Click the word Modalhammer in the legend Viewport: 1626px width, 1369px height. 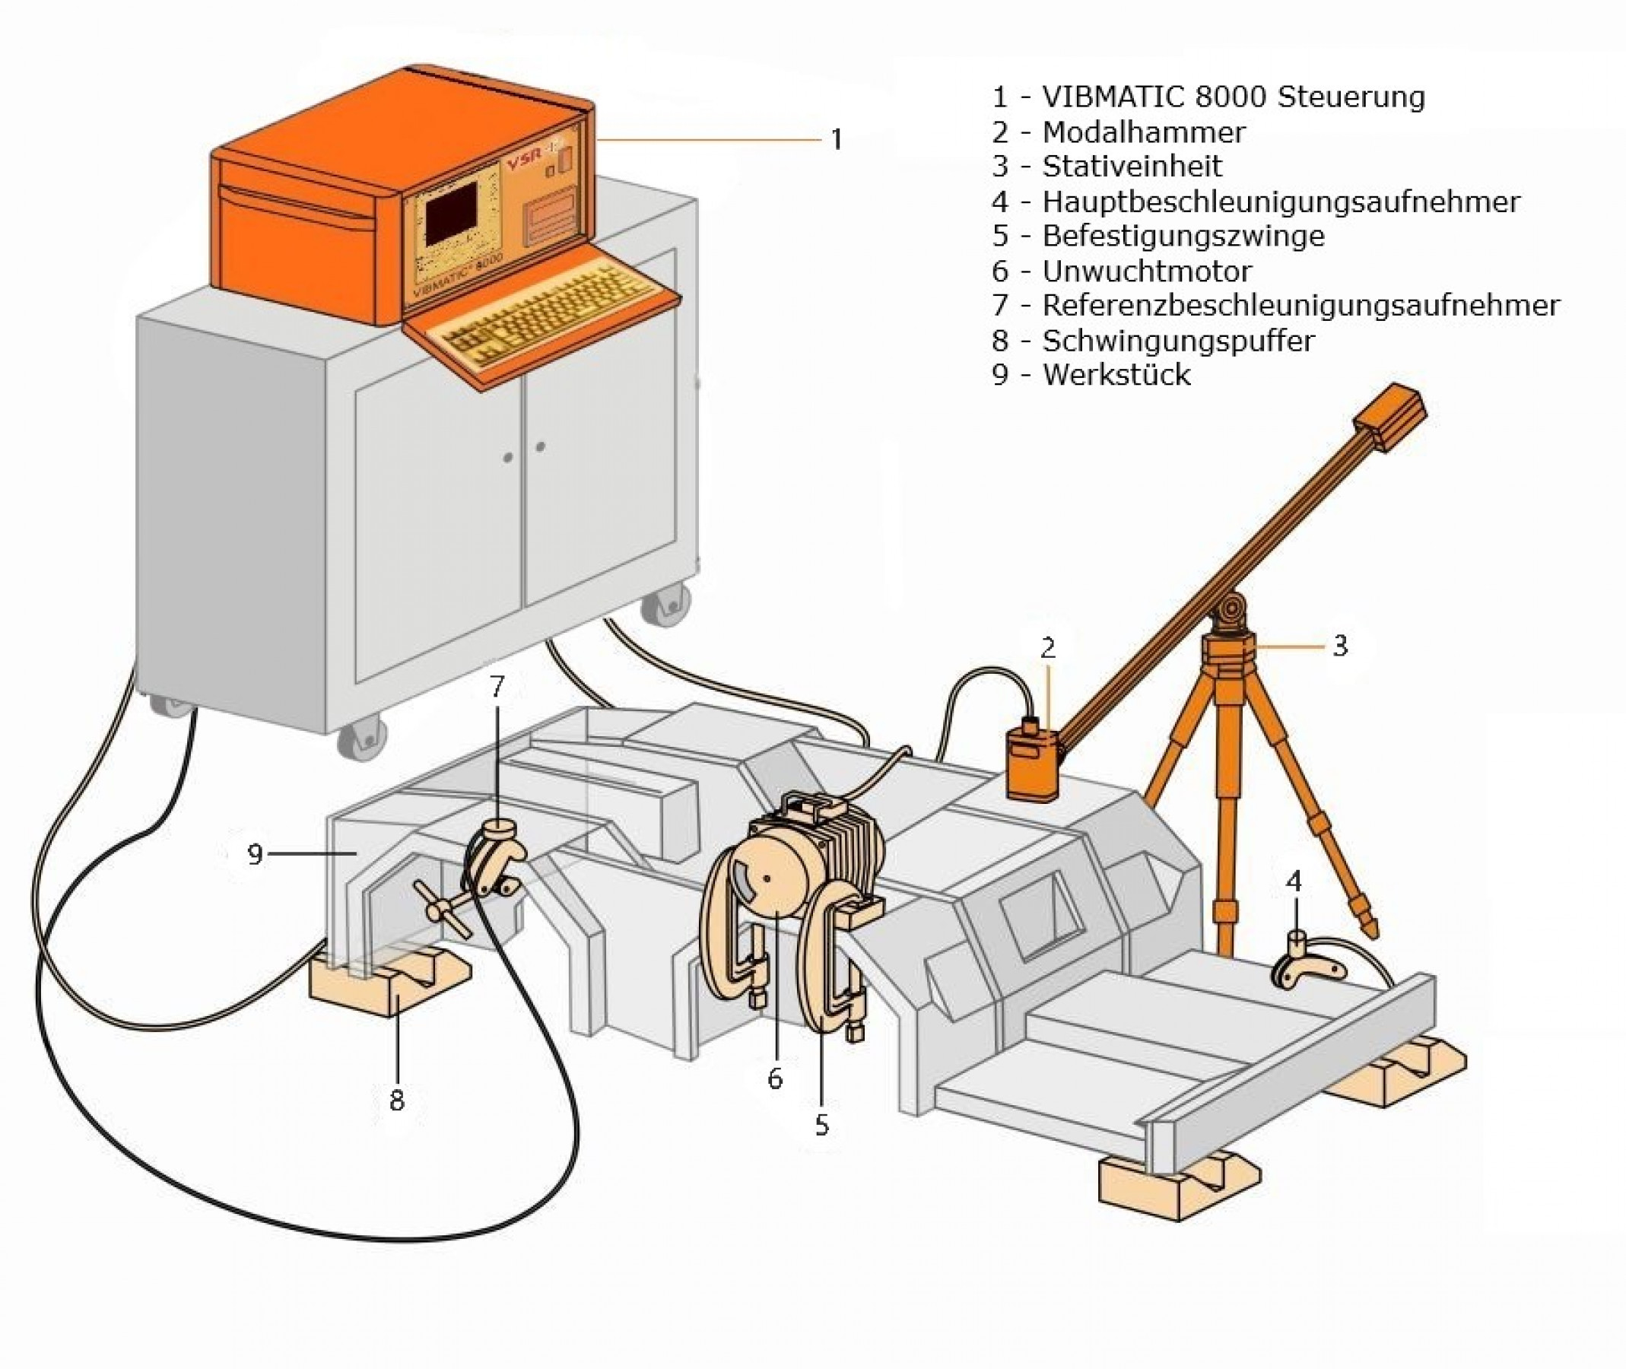[x=1143, y=132]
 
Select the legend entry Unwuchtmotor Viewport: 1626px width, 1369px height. [x=1146, y=272]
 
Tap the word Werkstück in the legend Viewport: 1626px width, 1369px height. [x=1116, y=376]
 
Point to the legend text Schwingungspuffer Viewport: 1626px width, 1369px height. [x=1177, y=341]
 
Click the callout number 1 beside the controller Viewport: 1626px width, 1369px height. [x=836, y=141]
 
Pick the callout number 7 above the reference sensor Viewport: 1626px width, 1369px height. [x=497, y=686]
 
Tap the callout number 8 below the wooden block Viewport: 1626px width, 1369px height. [x=396, y=1100]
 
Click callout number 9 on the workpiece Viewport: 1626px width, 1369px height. [x=255, y=854]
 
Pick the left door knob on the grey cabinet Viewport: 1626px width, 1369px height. [x=507, y=457]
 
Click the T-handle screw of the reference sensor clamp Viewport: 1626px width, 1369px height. [x=443, y=908]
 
